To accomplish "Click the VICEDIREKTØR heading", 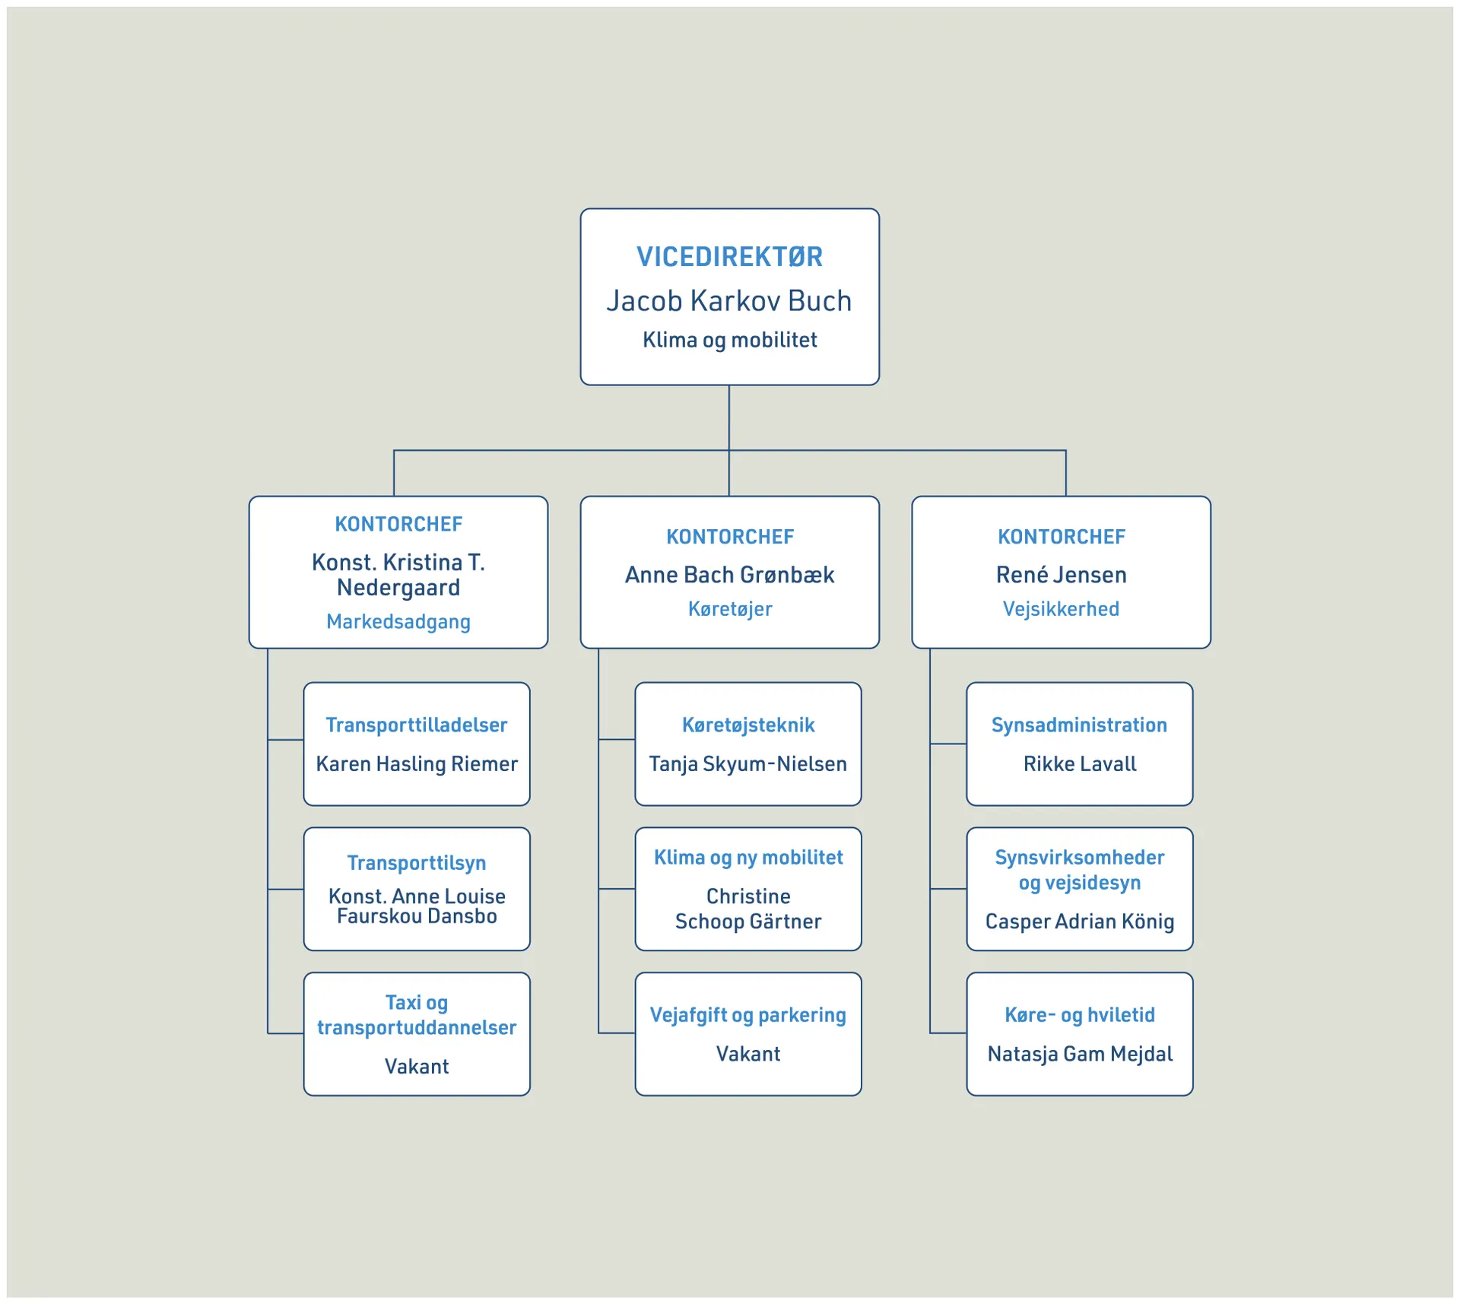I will click(x=729, y=257).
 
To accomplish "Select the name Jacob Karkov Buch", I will click(x=729, y=301).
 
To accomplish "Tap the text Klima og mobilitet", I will click(x=729, y=340).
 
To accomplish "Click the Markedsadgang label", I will click(x=398, y=622).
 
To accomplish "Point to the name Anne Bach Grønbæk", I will click(x=729, y=575).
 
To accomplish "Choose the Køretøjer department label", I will click(x=729, y=609).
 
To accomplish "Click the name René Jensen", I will click(x=1061, y=575).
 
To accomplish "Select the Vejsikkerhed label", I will click(x=1061, y=609).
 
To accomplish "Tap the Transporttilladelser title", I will click(x=416, y=725).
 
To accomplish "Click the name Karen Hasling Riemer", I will click(x=416, y=764).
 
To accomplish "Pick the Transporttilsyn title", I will click(x=416, y=863).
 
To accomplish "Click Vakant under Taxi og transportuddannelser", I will click(x=416, y=1067).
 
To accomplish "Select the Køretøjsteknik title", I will click(x=747, y=725).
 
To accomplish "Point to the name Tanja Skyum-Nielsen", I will click(x=747, y=764).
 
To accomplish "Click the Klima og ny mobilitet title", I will click(x=747, y=858).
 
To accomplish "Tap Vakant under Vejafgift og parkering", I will click(x=747, y=1054).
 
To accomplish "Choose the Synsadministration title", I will click(x=1079, y=725).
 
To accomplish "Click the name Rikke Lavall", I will click(x=1079, y=764).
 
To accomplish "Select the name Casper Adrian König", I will click(x=1079, y=922).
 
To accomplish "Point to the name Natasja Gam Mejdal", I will click(x=1079, y=1054).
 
